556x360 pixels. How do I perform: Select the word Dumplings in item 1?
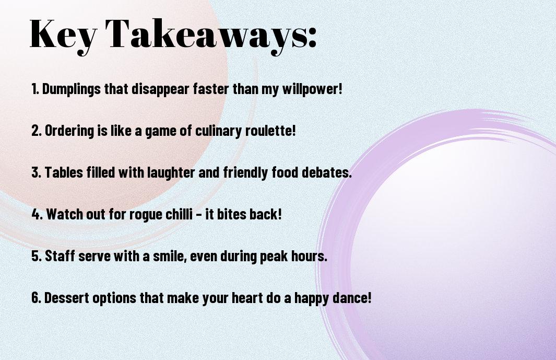[x=72, y=89]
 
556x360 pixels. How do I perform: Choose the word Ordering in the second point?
[x=69, y=131]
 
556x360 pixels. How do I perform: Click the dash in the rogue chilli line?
[x=199, y=215]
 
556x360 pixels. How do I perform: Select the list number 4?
[x=36, y=214]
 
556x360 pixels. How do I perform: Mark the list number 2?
[x=36, y=131]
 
